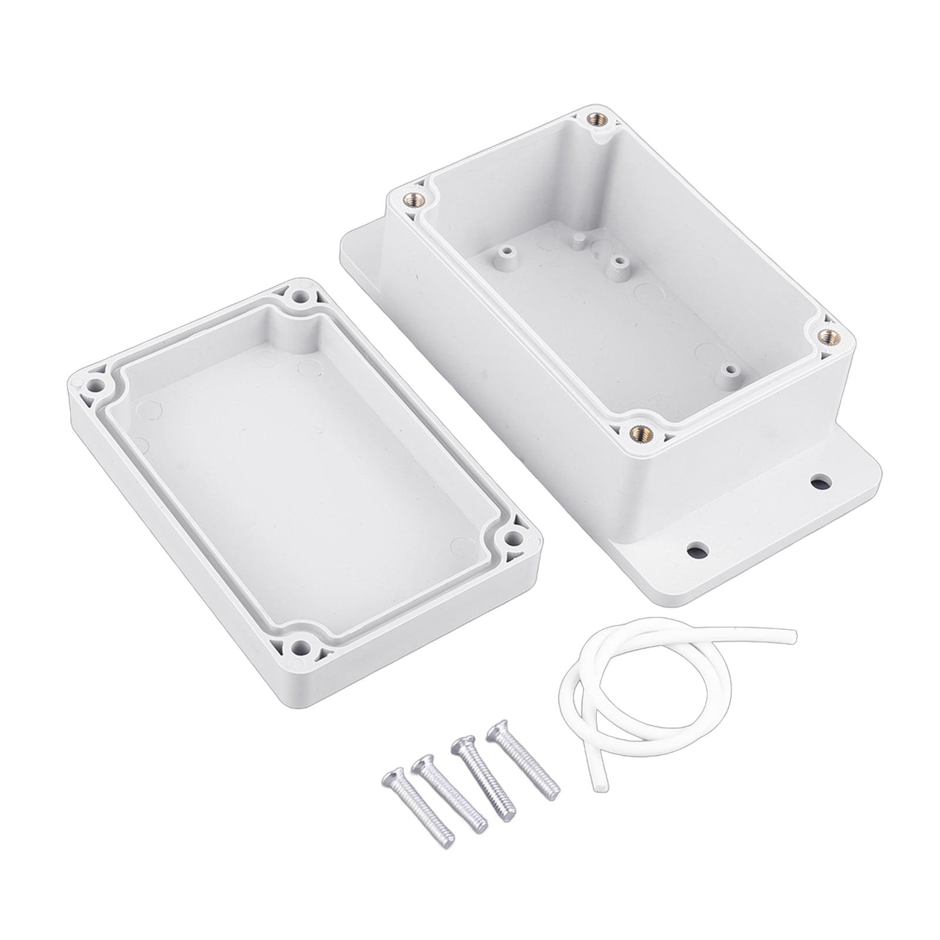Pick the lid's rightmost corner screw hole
(x=513, y=536)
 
